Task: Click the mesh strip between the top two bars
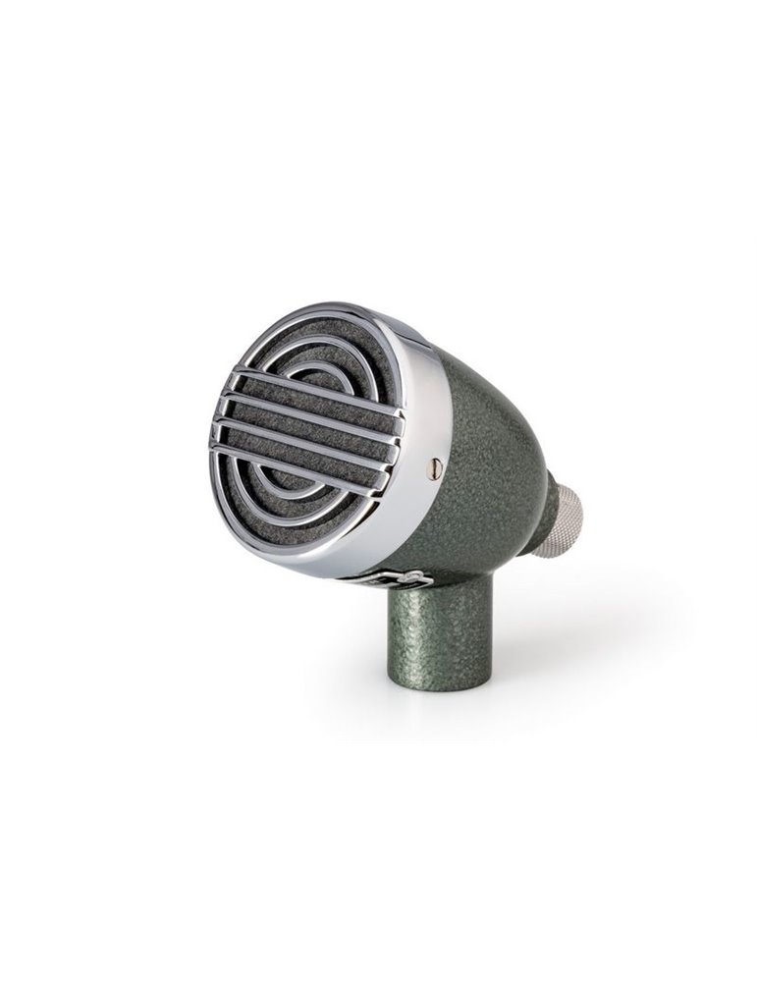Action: tap(314, 399)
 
